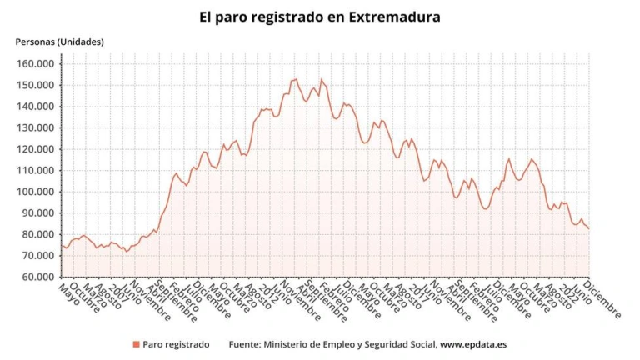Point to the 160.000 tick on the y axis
tap(36, 64)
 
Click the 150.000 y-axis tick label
tap(36, 85)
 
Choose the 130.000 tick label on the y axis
tap(36, 127)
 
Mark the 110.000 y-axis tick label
tap(36, 170)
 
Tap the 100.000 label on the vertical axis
tap(36, 192)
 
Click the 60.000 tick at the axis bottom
tap(38, 277)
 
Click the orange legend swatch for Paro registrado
tap(135, 344)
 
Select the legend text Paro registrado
tap(176, 344)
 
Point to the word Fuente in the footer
tap(244, 344)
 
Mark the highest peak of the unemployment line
tap(295, 79)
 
